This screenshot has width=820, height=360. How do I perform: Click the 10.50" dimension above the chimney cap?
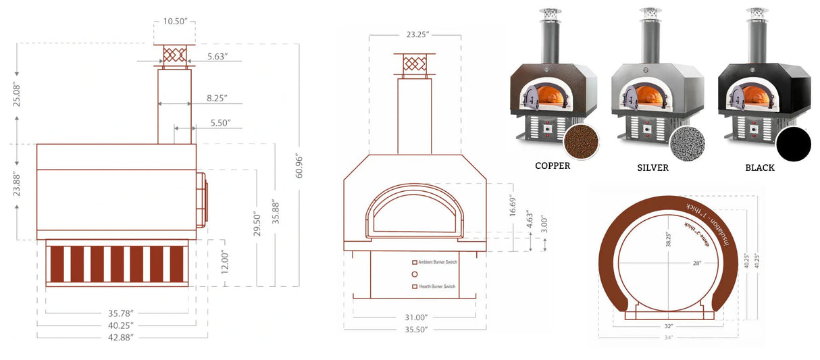tap(176, 22)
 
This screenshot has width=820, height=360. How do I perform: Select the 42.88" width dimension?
tap(122, 336)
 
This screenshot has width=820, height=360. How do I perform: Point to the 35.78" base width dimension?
tap(122, 313)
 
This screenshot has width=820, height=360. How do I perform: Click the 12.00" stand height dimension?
tap(225, 262)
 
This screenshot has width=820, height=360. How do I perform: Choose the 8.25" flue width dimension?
tap(217, 99)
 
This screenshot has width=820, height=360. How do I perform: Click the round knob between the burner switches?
tap(415, 274)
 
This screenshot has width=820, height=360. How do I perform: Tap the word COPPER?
tap(553, 166)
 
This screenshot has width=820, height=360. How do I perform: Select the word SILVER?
tap(652, 168)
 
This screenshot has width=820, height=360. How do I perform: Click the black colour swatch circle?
tap(793, 143)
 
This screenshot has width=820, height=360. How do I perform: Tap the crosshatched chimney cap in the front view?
tap(414, 64)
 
